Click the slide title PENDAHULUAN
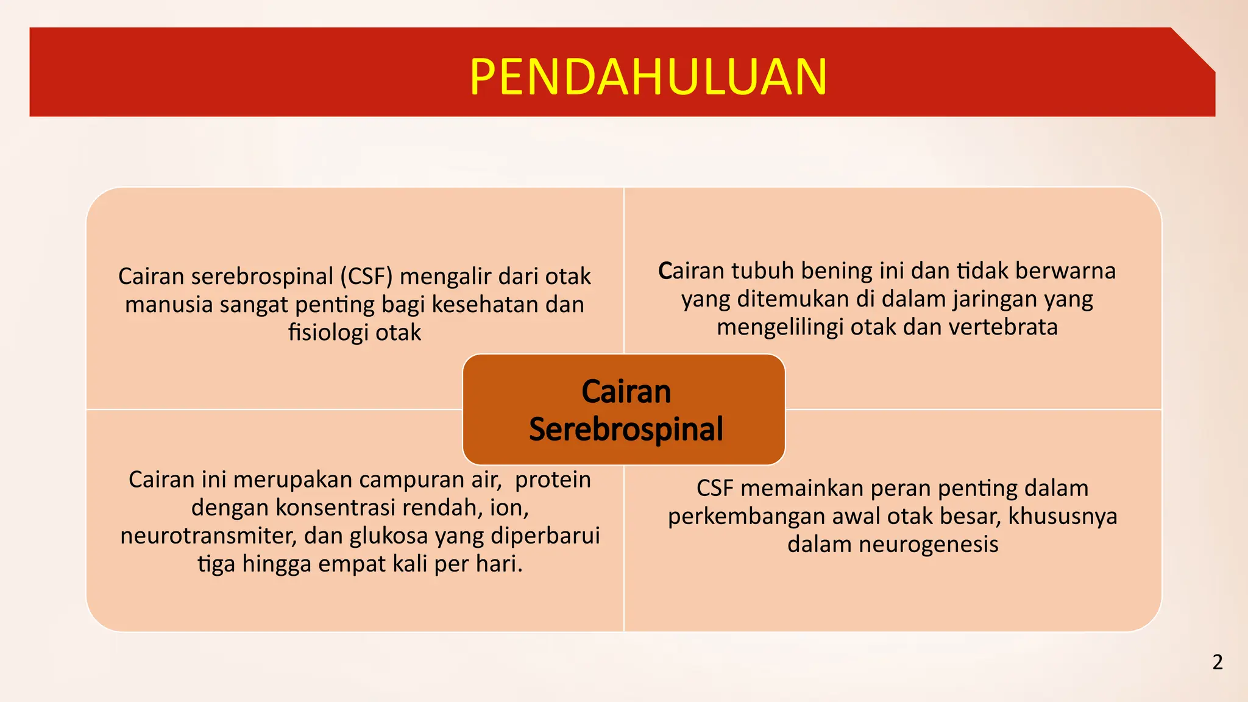pos(648,77)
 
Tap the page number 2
pos(1217,662)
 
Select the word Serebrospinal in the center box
pos(626,429)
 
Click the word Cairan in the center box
pos(626,391)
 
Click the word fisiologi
pos(328,333)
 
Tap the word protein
pos(553,480)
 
